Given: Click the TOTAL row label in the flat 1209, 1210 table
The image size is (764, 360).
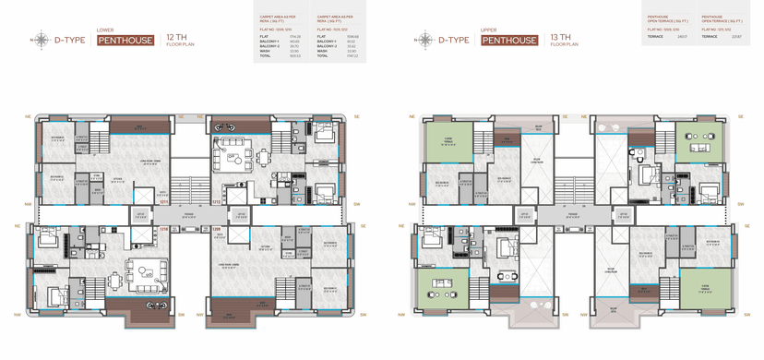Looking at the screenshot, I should pyautogui.click(x=264, y=56).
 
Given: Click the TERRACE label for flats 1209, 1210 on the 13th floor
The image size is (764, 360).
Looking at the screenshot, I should pyautogui.click(x=654, y=37).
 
